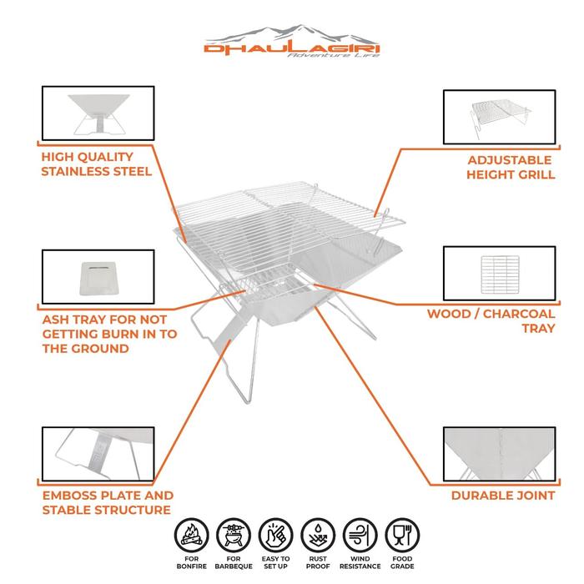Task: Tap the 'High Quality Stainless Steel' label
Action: coord(95,164)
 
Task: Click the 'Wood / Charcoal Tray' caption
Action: coord(491,321)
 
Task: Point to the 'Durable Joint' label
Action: coord(502,496)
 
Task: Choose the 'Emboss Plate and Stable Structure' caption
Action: coord(106,502)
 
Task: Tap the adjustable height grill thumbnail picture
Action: coord(497,117)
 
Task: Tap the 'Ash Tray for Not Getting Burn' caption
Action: coord(103,334)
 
